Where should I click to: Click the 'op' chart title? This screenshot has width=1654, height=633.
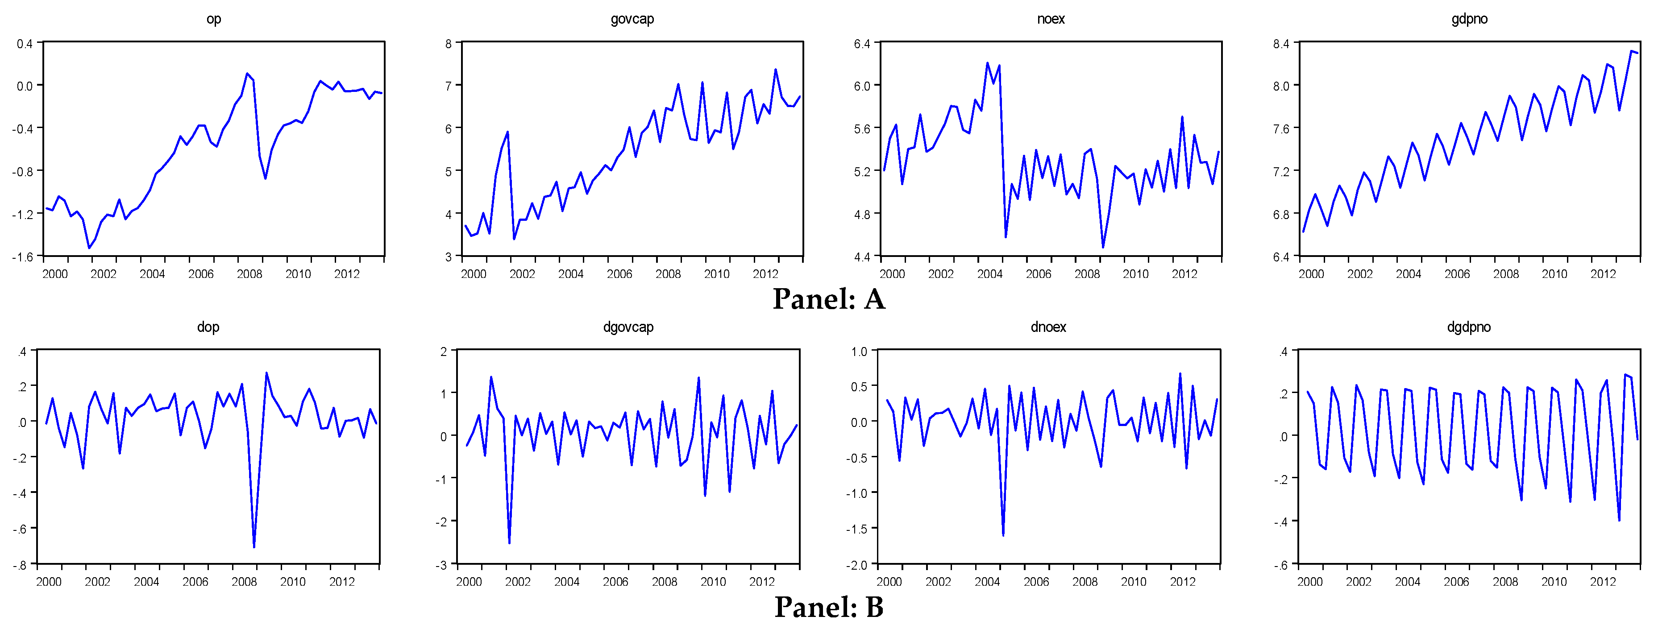pos(214,19)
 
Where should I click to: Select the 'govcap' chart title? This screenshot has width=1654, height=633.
pos(632,19)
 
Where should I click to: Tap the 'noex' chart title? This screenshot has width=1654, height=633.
pos(1051,19)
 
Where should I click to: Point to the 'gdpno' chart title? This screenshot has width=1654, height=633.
pos(1469,19)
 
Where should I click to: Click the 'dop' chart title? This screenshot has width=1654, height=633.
pos(208,327)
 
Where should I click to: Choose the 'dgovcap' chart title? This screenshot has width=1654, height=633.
pos(628,327)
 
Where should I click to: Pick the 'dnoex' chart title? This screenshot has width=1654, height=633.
pos(1048,327)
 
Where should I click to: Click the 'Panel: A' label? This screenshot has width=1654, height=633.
pos(828,299)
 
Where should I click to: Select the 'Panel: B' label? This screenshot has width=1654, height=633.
pos(828,607)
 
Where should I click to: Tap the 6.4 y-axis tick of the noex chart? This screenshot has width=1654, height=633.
pos(862,44)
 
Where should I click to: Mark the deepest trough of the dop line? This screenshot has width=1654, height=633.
pos(254,547)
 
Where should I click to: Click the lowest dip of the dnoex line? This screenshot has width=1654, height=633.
pos(1003,535)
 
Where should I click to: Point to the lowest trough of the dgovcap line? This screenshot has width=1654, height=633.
pos(509,543)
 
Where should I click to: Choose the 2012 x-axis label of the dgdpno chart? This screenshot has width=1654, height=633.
pos(1603,582)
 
